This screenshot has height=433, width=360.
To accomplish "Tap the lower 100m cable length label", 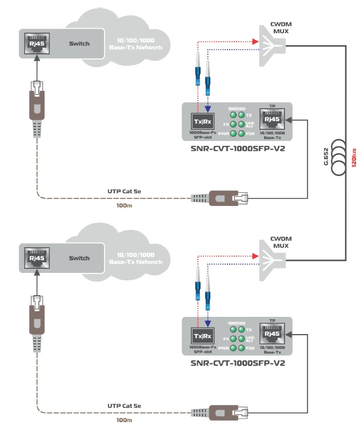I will click(x=124, y=420).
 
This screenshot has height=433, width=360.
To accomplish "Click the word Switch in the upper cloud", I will click(x=79, y=43).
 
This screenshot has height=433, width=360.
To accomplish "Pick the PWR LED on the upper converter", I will click(x=233, y=133).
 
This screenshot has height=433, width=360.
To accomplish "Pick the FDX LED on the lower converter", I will click(x=242, y=348).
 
